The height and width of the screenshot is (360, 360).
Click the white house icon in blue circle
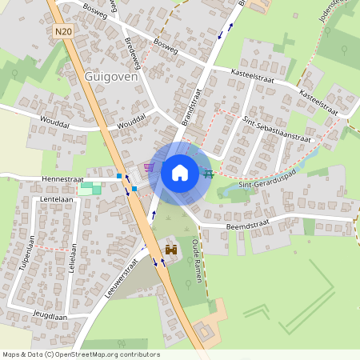180,172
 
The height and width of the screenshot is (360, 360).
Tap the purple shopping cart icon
149,168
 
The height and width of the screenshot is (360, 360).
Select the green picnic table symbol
209,172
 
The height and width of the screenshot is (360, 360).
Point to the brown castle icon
170,250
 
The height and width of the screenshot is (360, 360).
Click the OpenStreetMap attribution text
81,354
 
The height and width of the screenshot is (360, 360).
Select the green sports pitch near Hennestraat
90,188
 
